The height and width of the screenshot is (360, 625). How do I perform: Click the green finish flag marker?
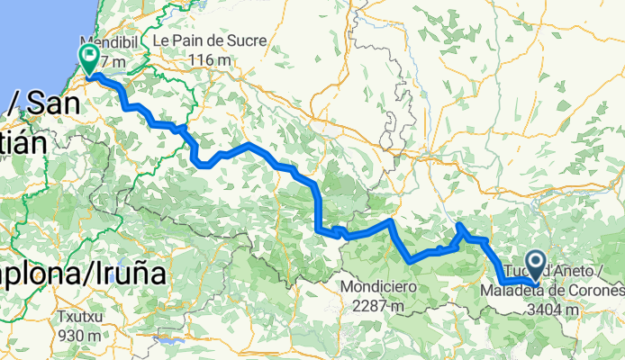91,59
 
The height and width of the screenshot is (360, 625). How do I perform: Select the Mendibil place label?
106,42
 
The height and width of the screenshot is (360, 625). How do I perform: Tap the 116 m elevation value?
212,60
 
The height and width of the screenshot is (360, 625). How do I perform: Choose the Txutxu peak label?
82,317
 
